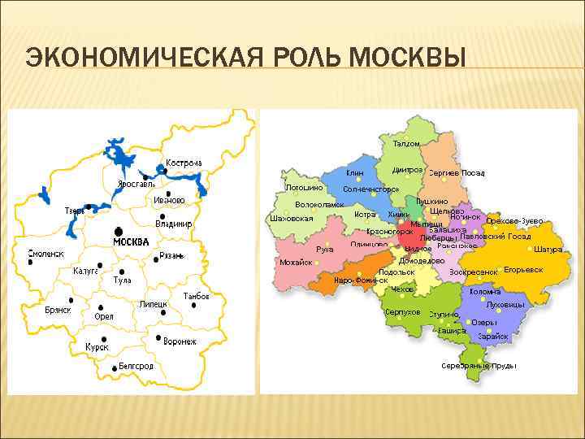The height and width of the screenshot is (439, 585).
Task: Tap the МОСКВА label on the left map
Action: point(131,242)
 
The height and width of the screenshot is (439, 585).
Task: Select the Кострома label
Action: point(184,163)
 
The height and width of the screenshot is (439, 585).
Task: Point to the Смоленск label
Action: point(45,254)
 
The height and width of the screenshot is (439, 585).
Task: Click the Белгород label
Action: point(136,366)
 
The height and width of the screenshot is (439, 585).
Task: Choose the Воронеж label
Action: point(180,341)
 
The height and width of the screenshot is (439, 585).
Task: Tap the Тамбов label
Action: point(197,296)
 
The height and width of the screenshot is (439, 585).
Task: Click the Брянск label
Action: point(58,310)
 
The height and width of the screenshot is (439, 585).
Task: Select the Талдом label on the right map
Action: point(407,144)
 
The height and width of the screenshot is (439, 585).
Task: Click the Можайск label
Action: point(296,263)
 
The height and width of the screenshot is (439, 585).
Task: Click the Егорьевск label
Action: point(523,269)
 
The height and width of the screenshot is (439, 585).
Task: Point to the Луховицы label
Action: point(505,304)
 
